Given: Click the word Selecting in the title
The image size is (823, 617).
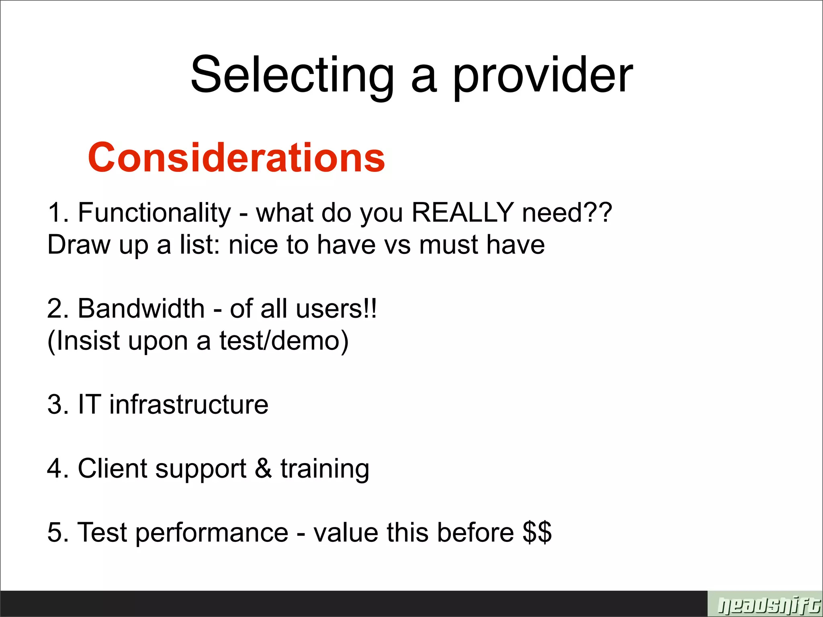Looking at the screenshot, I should coord(292,76).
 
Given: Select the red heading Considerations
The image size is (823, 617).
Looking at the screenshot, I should coord(236,157).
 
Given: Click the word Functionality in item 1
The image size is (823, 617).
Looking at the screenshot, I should coord(154,213).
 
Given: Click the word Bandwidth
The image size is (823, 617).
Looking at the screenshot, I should coord(141,308).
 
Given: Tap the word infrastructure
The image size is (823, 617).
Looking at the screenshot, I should coord(188,404).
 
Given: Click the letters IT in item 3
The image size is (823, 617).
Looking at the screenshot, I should coord(89,404).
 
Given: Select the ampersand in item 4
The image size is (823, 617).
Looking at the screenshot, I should coord(263,468).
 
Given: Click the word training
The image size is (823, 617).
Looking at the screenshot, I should coord(325,469).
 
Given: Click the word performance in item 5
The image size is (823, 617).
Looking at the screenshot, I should coord(211,533).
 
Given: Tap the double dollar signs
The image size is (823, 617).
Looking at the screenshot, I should coord(537,533).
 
